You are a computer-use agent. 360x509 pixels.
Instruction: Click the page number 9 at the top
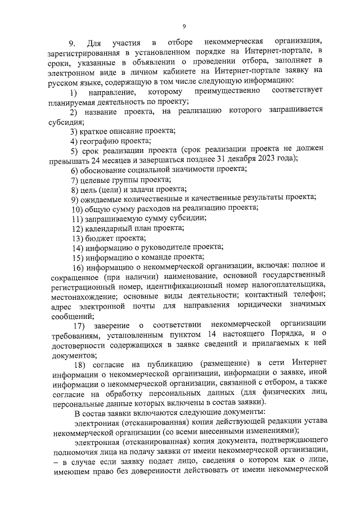184,26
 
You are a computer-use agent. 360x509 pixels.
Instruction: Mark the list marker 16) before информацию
77,267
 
